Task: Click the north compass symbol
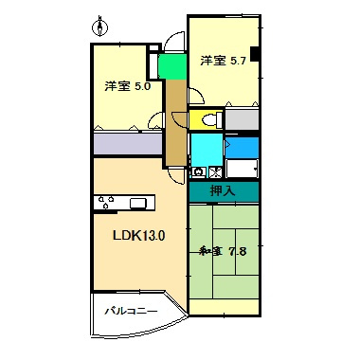pos(102,21)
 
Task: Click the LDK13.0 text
pos(139,236)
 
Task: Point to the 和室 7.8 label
pos(223,251)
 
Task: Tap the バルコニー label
pos(124,310)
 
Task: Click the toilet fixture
pos(212,120)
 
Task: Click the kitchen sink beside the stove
pos(138,202)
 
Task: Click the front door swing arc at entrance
pos(172,43)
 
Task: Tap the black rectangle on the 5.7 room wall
pos(254,54)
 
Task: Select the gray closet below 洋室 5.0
pos(127,144)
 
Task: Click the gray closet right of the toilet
pos(241,120)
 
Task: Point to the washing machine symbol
pos(199,172)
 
